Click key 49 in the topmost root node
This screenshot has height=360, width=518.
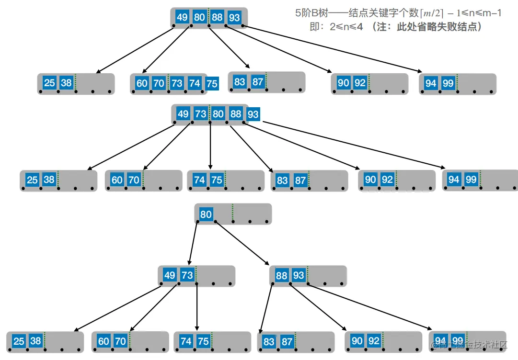click(182, 18)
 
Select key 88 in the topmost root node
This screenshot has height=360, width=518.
click(218, 18)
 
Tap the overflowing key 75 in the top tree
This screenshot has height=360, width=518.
click(212, 84)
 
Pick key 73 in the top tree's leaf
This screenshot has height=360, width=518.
click(177, 83)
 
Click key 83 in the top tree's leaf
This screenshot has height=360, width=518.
click(240, 82)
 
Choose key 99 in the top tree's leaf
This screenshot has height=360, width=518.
click(448, 83)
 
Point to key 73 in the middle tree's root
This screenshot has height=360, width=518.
click(200, 114)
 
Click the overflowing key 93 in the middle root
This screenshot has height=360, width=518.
click(253, 114)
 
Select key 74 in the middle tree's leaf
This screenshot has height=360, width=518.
click(199, 180)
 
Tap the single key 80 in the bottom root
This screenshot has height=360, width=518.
click(206, 214)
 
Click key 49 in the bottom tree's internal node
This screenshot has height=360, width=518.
click(170, 276)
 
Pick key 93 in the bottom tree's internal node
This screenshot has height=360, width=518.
click(299, 276)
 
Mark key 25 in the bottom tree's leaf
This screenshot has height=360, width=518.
click(19, 341)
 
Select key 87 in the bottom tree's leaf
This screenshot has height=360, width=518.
click(287, 342)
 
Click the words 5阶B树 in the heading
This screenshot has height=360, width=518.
click(311, 13)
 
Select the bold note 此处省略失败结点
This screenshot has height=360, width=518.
click(439, 27)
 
